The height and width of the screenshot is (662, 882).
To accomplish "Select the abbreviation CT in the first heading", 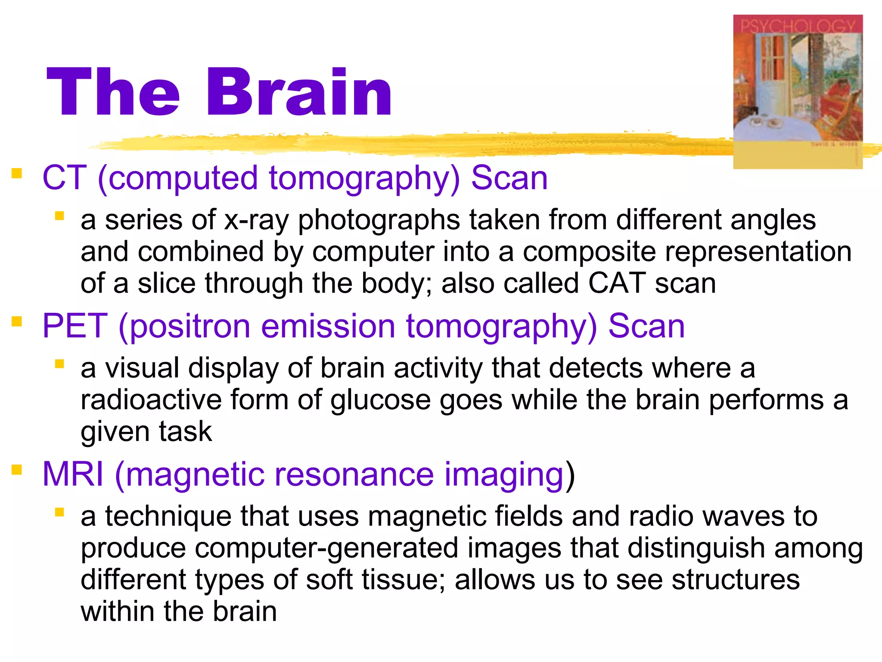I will coord(65,178).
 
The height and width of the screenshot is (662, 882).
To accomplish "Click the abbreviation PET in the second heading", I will coord(75,326).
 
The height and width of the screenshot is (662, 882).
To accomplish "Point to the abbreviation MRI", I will coord(73,474).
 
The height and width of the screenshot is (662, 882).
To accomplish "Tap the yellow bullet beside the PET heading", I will coord(17,322).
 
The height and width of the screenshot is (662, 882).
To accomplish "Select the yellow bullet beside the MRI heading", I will coord(17,470).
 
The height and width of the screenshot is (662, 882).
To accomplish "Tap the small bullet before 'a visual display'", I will coord(59,364).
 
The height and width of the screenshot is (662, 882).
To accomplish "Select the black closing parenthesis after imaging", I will coord(570,475).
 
